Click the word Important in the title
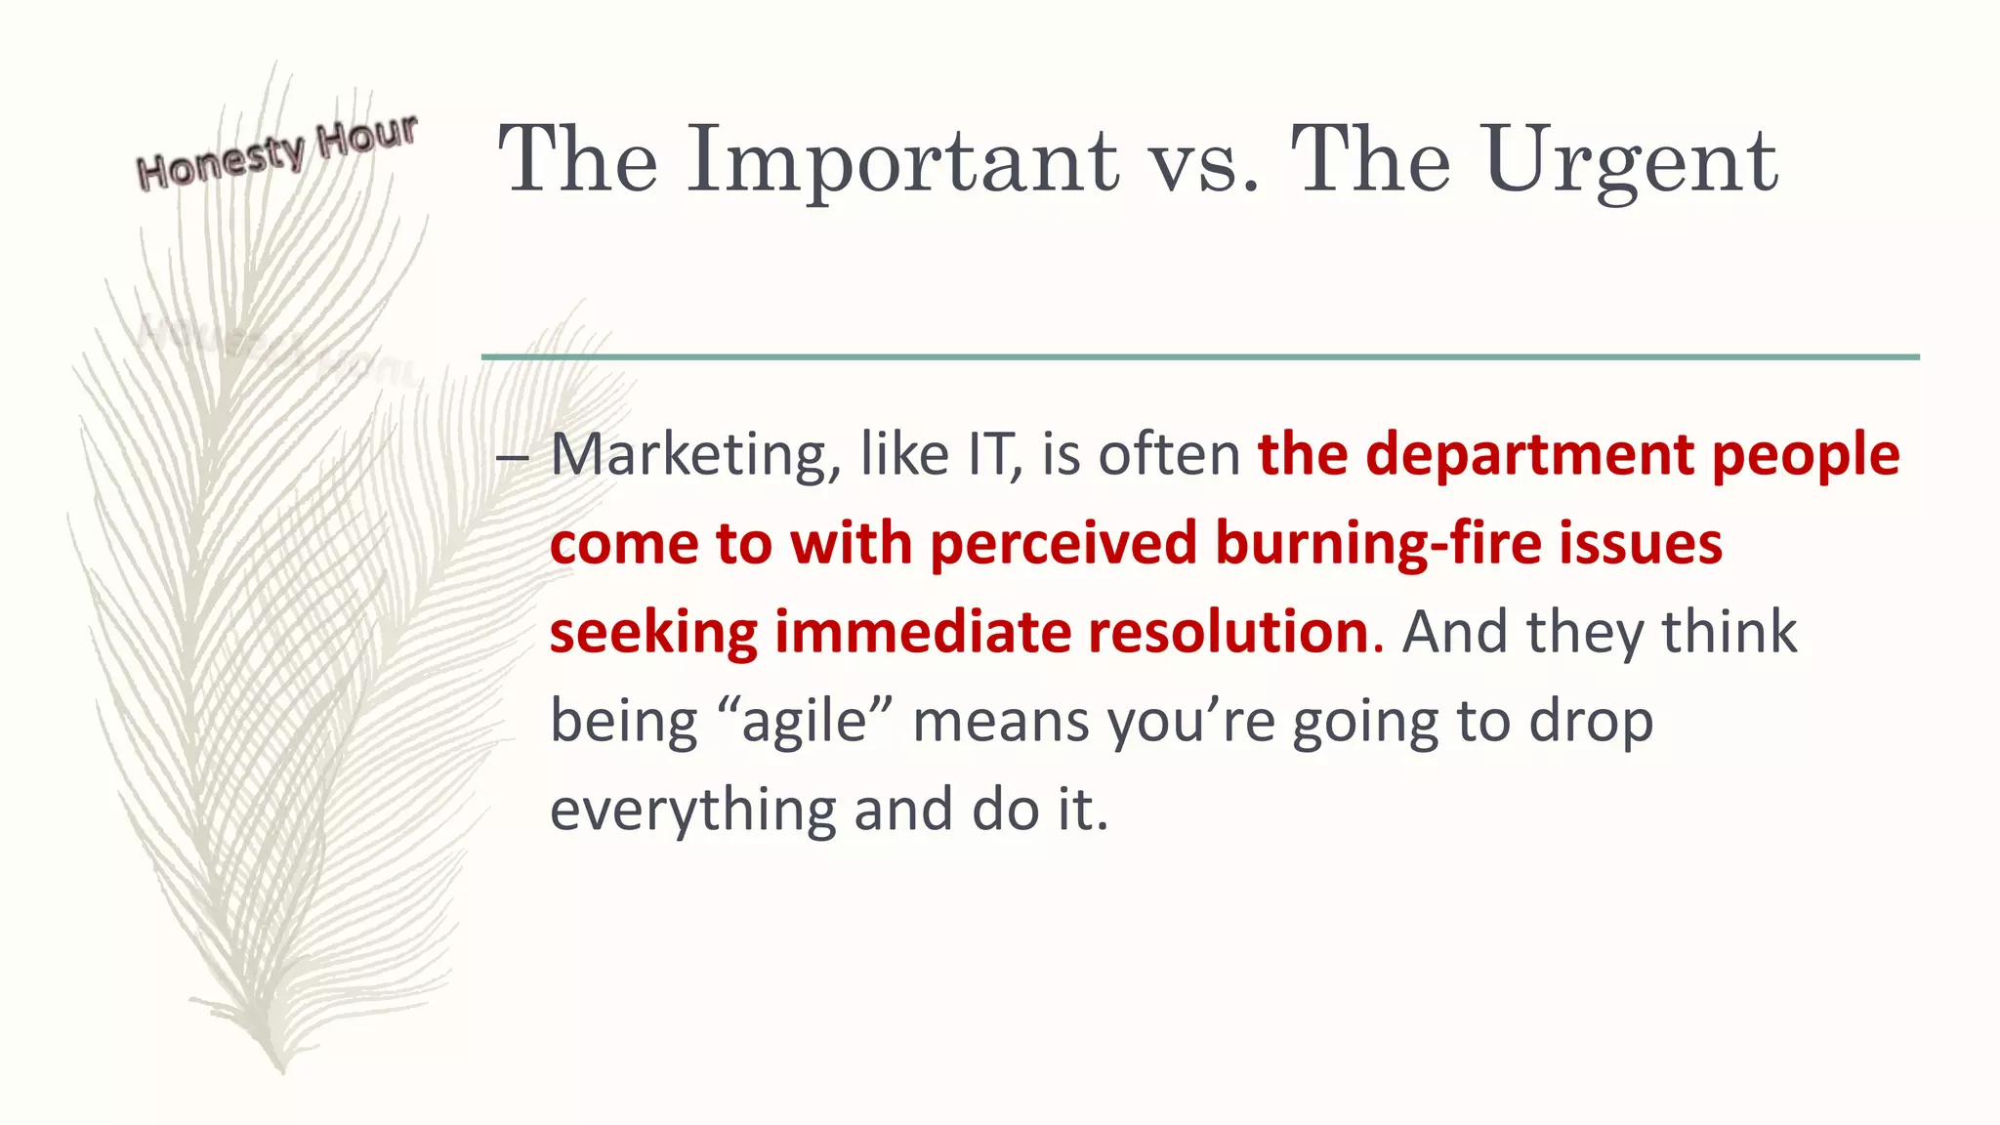pos(902,161)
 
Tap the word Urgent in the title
pos(1631,161)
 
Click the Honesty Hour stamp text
pos(277,152)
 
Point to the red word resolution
pos(1229,632)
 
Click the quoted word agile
pos(805,722)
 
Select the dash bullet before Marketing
pos(512,457)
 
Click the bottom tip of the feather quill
pos(280,1070)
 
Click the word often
pos(1169,455)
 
